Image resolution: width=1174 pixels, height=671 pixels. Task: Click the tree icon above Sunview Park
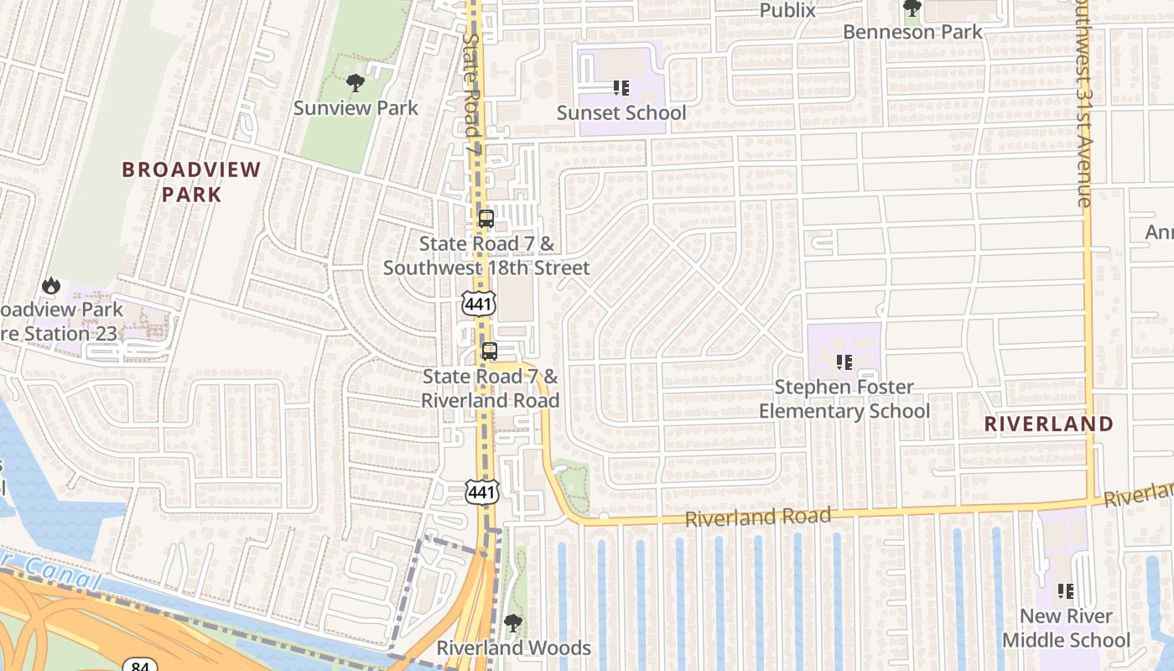point(356,82)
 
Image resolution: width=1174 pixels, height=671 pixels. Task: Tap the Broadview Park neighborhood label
point(191,182)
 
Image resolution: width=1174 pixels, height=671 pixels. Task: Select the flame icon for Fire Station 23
point(51,286)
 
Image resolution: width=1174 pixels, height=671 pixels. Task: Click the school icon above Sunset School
point(621,88)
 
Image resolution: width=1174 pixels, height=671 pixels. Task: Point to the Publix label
point(787,11)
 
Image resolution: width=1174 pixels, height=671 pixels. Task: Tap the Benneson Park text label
point(912,32)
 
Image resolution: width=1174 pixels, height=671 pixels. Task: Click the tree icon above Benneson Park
point(912,8)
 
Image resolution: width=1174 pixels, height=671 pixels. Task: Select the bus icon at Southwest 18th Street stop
point(486,219)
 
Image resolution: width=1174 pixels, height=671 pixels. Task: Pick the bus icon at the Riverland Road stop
point(490,351)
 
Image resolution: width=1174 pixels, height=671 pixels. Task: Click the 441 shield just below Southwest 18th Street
point(479,304)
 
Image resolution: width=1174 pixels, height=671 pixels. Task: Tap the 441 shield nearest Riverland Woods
point(482,492)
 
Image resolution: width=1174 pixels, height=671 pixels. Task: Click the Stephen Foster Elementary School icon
point(844,362)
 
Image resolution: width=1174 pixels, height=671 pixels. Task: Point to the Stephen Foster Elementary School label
point(844,399)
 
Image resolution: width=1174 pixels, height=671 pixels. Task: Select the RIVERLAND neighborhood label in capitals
point(1048,424)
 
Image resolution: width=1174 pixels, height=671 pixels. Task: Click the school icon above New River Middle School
point(1066,591)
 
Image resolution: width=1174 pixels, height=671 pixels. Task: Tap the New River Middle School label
point(1066,628)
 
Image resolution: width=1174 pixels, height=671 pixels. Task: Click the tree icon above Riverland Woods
point(513,623)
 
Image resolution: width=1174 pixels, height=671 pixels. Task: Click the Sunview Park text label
point(356,108)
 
